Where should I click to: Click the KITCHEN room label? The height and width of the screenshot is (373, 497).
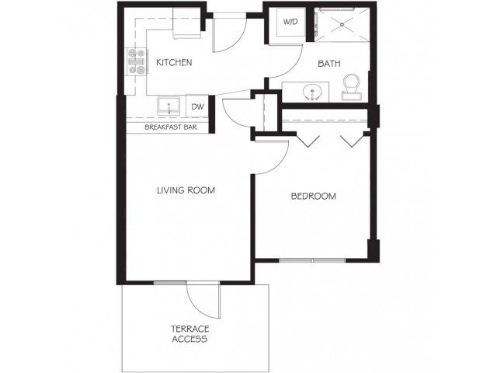tap(174, 62)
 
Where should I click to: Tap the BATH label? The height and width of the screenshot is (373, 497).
tap(329, 64)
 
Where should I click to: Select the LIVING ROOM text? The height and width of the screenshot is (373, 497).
tap(186, 190)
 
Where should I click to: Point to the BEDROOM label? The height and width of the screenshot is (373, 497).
tap(313, 197)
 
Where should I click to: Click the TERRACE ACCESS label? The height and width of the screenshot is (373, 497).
tap(189, 334)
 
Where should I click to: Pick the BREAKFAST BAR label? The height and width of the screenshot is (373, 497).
tap(171, 127)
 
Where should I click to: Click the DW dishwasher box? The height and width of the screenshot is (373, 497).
tap(197, 106)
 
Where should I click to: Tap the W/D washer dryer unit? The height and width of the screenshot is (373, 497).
tap(290, 22)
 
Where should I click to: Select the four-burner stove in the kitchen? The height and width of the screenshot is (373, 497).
tap(137, 61)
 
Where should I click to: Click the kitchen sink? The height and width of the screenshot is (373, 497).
tap(169, 106)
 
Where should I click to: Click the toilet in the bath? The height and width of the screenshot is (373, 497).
tap(351, 87)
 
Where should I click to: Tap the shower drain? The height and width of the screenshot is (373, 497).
tap(342, 24)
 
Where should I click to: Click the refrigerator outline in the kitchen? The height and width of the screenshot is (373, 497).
tap(186, 23)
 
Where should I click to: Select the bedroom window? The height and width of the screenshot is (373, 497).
tap(312, 261)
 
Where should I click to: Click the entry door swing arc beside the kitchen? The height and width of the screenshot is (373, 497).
tap(237, 42)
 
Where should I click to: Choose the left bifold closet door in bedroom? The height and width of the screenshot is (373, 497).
tap(308, 141)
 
